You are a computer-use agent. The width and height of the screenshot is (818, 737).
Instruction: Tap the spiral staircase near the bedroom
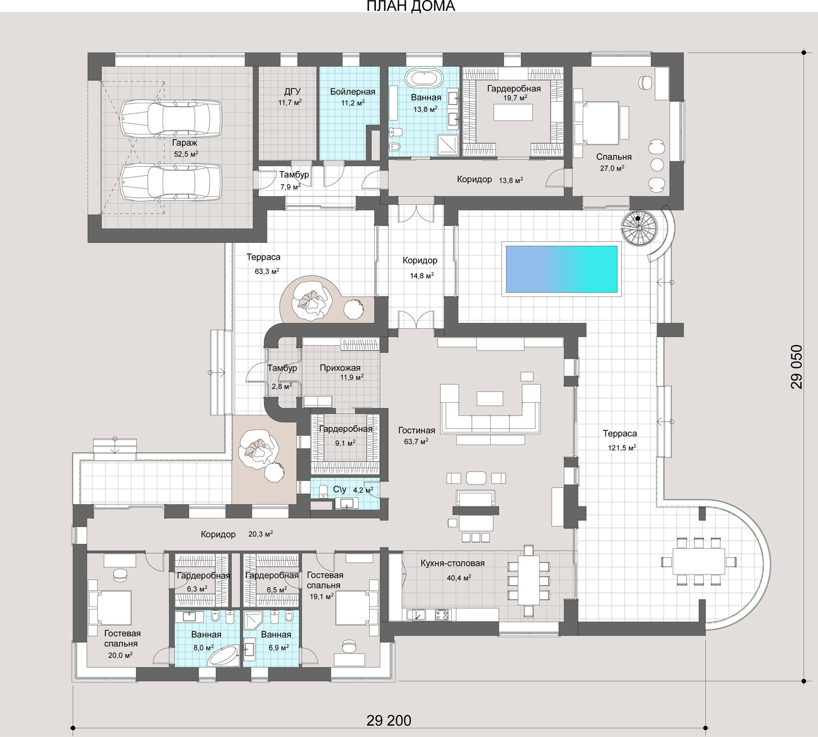coord(639,228)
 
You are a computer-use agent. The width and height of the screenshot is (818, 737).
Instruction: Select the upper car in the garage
coord(170,118)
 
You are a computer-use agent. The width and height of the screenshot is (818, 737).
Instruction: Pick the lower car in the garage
coord(170,182)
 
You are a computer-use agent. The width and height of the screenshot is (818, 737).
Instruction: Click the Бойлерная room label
coord(353,91)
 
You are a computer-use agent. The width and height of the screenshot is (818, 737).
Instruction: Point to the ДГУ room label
coord(292,91)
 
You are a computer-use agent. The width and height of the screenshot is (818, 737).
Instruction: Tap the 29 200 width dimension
coord(389,720)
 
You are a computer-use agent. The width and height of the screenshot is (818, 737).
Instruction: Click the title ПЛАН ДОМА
coord(411,6)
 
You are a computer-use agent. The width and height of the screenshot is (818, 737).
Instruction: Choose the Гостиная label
coord(417,430)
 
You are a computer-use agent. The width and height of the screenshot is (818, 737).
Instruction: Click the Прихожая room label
coord(340,368)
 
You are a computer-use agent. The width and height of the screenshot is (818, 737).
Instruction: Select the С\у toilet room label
coord(340,490)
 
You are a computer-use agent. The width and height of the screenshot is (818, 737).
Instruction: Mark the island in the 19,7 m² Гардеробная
coord(513,112)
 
